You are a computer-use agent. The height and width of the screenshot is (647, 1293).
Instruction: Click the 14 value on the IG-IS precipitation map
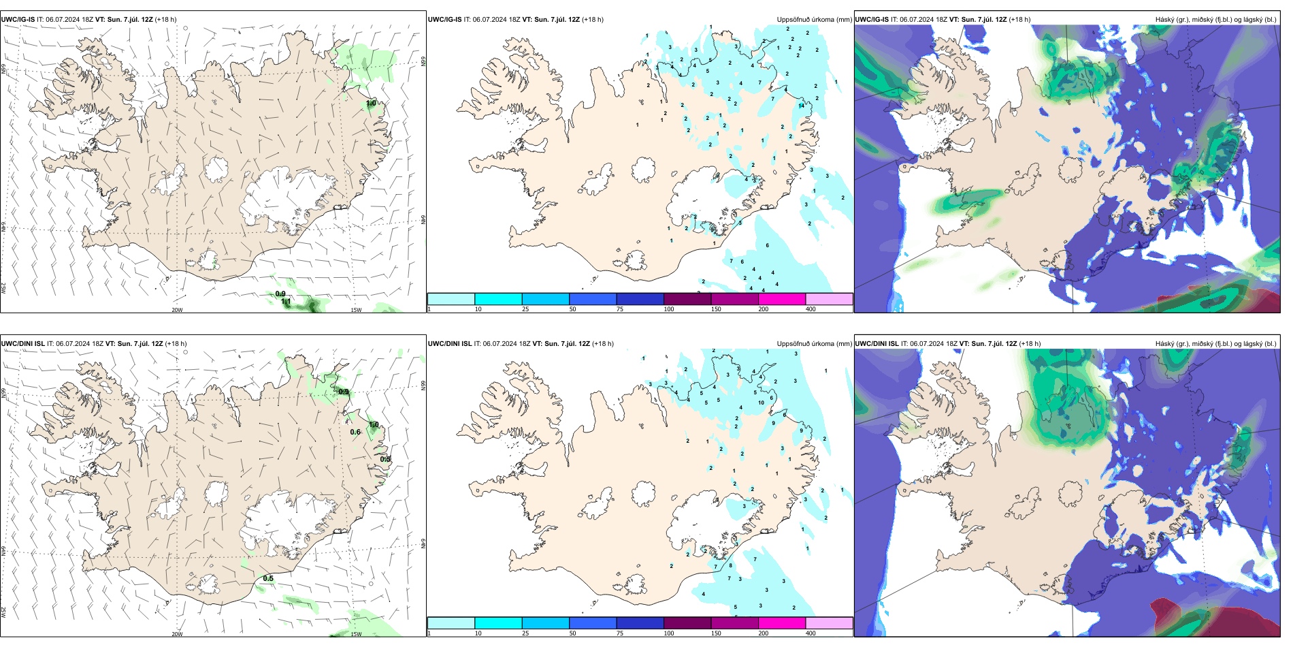coord(801,106)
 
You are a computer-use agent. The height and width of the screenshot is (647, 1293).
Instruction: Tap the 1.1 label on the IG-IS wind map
coord(286,301)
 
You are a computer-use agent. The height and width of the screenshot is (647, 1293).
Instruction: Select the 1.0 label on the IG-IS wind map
coord(371,104)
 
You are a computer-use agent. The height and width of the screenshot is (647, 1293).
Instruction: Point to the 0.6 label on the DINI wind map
coord(355,432)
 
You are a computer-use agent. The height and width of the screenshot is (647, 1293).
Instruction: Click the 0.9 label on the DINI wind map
coord(344,392)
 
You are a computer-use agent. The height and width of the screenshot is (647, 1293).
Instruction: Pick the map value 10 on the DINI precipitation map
coord(761,403)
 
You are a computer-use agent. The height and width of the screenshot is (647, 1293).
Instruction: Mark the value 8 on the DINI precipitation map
coord(731,565)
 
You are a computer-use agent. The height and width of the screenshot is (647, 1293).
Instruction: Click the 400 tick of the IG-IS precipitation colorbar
coord(811,309)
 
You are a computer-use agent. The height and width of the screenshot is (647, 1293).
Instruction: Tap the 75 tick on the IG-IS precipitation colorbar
coord(621,309)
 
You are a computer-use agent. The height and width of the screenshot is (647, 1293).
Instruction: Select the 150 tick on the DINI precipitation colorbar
coord(716,633)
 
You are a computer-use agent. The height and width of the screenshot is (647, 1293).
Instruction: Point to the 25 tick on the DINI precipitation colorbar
coord(525,633)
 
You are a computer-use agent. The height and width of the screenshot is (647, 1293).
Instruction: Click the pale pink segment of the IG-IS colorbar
coord(829,299)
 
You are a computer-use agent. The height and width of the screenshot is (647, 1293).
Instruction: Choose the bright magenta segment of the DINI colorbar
coord(782,623)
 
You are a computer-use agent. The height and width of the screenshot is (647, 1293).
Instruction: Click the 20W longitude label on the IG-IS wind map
coord(177,310)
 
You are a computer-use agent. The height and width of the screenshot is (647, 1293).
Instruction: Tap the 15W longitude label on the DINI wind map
coord(356,634)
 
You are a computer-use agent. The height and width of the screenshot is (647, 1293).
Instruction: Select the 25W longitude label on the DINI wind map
coord(3,612)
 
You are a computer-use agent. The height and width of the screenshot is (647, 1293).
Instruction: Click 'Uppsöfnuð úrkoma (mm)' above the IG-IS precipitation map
coord(814,20)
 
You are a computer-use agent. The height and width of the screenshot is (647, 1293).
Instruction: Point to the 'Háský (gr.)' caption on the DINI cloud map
coord(1173,344)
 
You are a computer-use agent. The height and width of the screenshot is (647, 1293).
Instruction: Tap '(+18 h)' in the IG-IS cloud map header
coord(1019,20)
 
